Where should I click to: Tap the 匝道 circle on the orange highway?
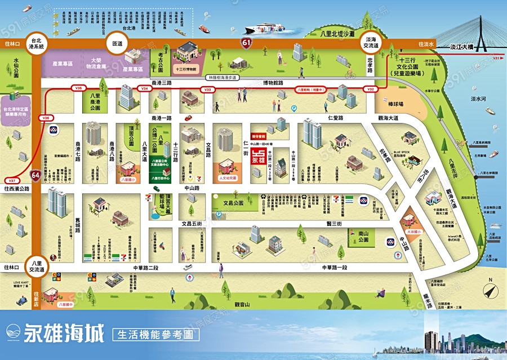(x=117, y=43)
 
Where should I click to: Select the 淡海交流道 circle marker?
(x=371, y=43)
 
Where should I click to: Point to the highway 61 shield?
(x=246, y=42)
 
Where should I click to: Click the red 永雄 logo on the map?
(x=258, y=155)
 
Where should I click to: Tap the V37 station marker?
(x=12, y=180)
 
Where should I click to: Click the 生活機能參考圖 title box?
(x=157, y=334)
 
